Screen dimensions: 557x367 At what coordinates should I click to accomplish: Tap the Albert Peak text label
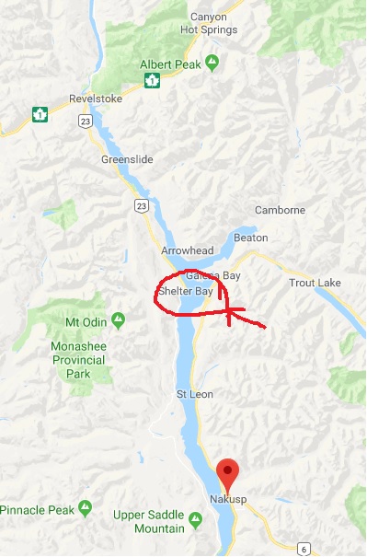pyautogui.click(x=170, y=64)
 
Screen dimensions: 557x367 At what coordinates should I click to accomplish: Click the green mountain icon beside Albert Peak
pyautogui.click(x=212, y=63)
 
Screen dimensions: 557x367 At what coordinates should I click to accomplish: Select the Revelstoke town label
pyautogui.click(x=96, y=99)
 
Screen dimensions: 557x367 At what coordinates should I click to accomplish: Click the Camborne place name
pyautogui.click(x=280, y=210)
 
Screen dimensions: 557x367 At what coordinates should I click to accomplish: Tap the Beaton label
pyautogui.click(x=251, y=237)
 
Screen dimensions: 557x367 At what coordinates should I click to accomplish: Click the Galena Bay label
pyautogui.click(x=212, y=275)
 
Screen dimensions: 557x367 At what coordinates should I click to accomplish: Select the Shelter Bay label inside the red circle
pyautogui.click(x=185, y=291)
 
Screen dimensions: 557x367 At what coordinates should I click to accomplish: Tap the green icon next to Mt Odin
pyautogui.click(x=118, y=320)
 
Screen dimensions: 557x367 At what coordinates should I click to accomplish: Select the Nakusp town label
pyautogui.click(x=228, y=501)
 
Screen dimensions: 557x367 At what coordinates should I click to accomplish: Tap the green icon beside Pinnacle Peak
pyautogui.click(x=85, y=507)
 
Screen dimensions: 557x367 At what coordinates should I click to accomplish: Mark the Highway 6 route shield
pyautogui.click(x=300, y=548)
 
